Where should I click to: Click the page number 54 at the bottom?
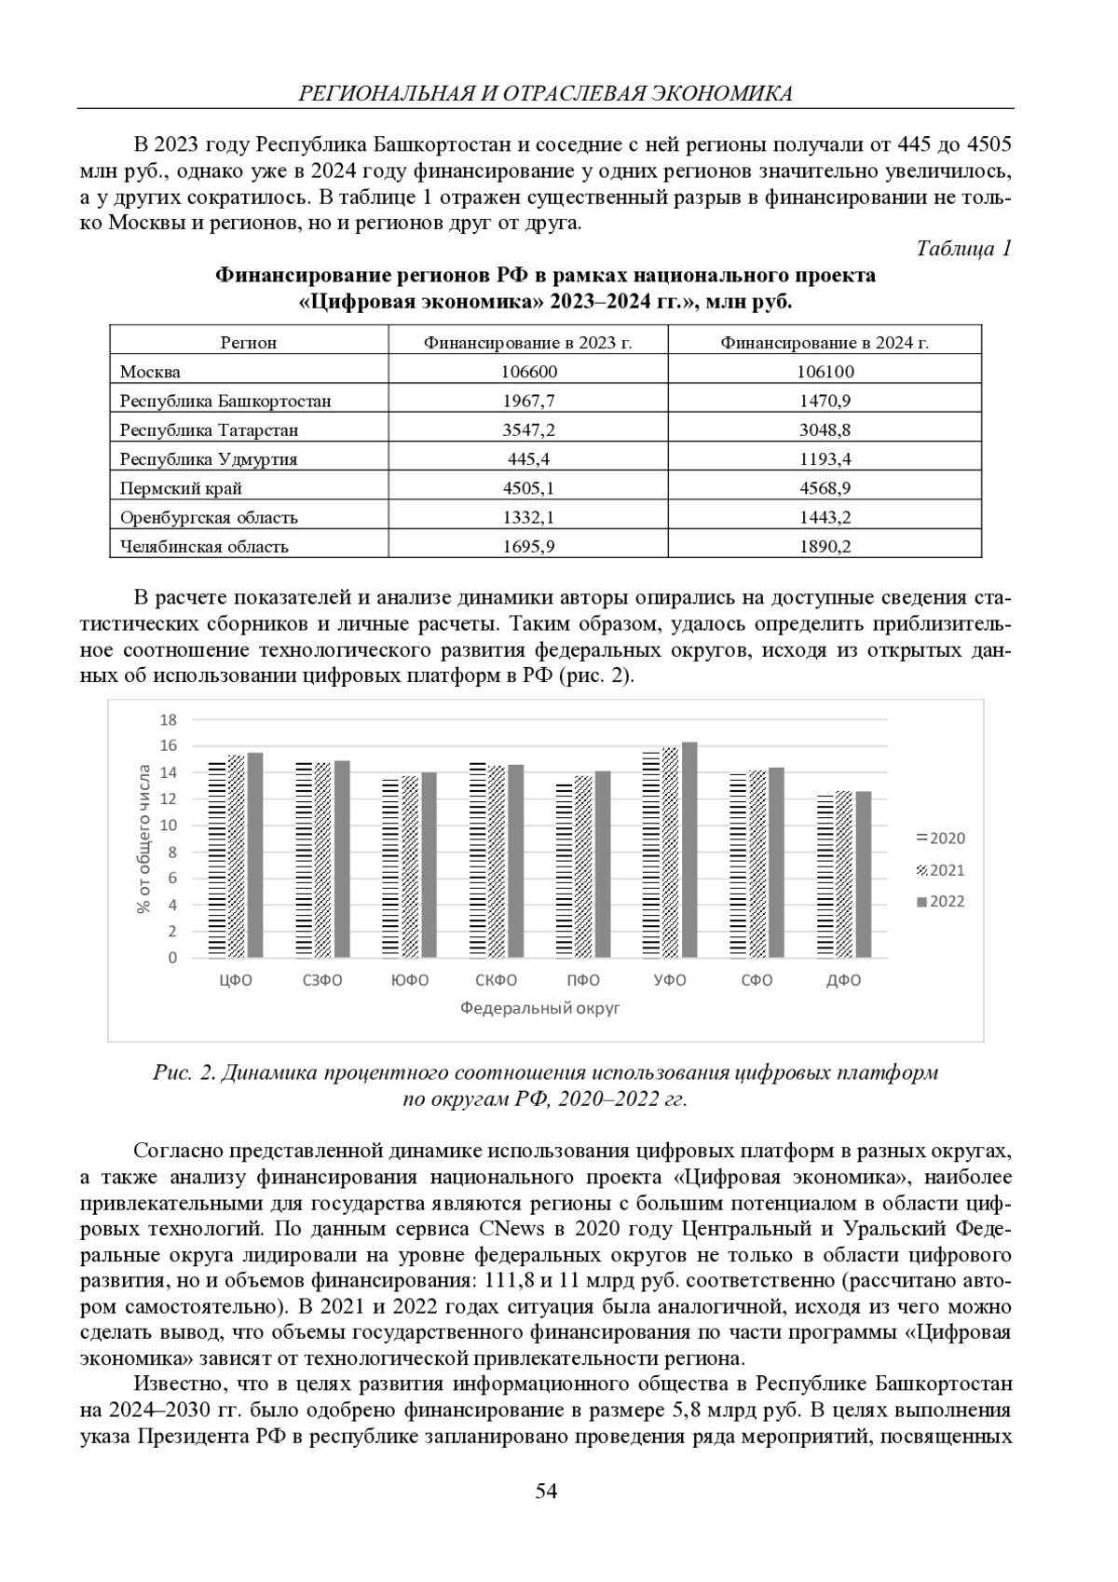(x=546, y=1491)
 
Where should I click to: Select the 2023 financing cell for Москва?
(x=528, y=372)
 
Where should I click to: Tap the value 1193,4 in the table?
(x=825, y=459)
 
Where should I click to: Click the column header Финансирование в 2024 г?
(x=825, y=343)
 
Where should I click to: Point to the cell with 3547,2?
(x=528, y=430)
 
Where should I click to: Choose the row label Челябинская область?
(x=204, y=547)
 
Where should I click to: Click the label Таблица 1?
(x=963, y=249)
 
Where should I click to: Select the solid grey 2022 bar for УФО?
(x=689, y=850)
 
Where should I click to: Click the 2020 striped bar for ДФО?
(x=825, y=876)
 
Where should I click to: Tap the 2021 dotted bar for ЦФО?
(x=236, y=856)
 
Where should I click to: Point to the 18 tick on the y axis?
(x=169, y=719)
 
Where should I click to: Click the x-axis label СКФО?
(x=496, y=980)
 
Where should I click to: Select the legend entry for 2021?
(x=941, y=870)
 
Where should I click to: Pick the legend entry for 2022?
(x=941, y=901)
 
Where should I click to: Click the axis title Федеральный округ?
(x=539, y=1008)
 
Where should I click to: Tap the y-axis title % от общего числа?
(x=144, y=839)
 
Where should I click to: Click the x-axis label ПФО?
(x=583, y=980)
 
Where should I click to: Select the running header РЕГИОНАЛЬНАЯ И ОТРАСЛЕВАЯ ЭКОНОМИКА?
(x=545, y=93)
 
